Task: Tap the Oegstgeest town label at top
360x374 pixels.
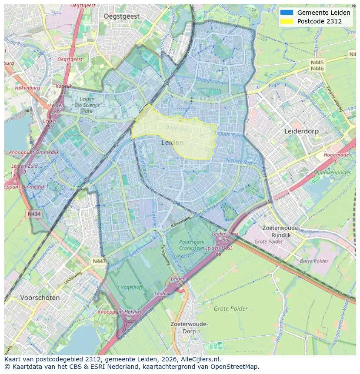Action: [x=122, y=16]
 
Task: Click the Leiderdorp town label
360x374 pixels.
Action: [x=301, y=131]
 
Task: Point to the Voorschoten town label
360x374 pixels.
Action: [x=40, y=298]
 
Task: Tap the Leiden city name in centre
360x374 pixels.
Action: [x=172, y=142]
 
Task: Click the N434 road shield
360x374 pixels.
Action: [x=33, y=214]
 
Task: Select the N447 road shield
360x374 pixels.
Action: [x=99, y=261]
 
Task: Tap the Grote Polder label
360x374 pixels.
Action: [x=230, y=309]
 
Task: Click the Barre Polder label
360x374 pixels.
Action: [x=314, y=261]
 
